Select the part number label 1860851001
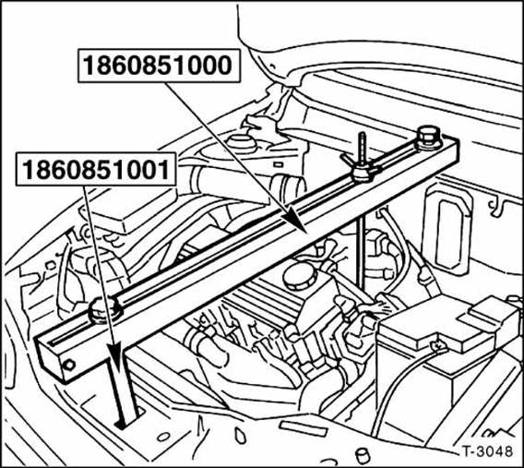tap(96, 169)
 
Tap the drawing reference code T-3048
tap(488, 451)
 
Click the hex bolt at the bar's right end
tap(428, 138)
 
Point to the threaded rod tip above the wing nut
tap(362, 135)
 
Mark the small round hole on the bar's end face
tap(69, 365)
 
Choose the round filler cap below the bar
tap(300, 275)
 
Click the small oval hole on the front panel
tap(163, 437)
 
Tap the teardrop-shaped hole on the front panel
tap(240, 434)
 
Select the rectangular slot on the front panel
tap(303, 428)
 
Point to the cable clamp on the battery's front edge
tap(438, 345)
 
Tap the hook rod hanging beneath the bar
tap(360, 254)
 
